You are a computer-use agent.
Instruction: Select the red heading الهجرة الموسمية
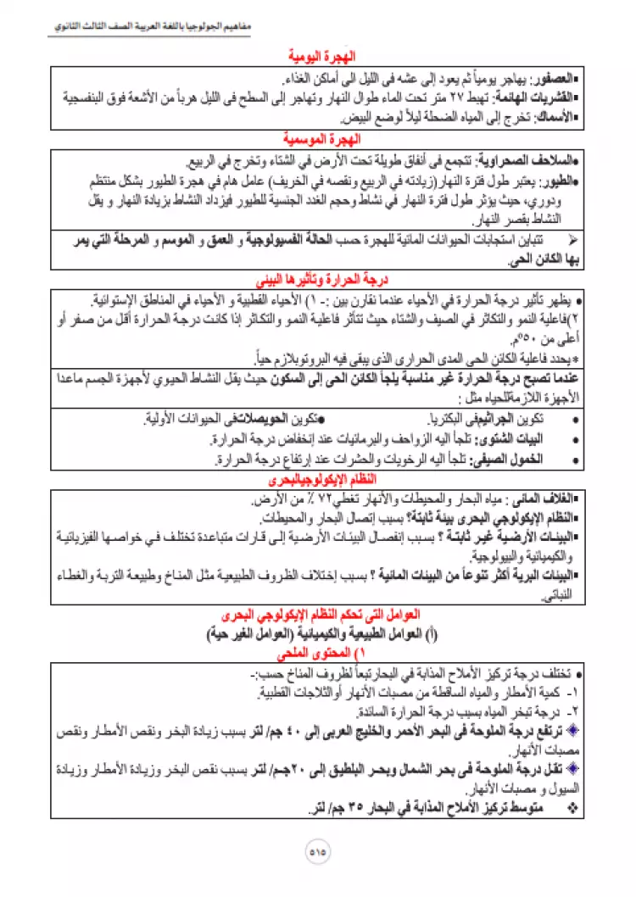coord(318,137)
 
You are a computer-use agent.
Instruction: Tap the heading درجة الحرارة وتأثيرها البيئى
coord(318,278)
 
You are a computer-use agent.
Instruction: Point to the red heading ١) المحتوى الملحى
coord(318,655)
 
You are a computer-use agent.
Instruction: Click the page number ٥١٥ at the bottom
coord(318,848)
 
